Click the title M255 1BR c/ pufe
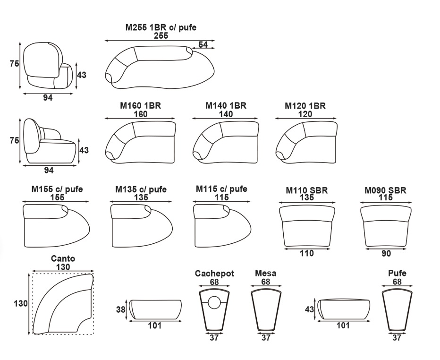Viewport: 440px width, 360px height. [x=161, y=27]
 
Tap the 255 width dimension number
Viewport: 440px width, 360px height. [x=161, y=35]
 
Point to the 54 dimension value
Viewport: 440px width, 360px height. [x=203, y=45]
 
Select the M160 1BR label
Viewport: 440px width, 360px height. [x=140, y=105]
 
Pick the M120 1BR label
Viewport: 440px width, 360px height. [x=305, y=106]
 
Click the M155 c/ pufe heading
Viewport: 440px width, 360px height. [x=57, y=189]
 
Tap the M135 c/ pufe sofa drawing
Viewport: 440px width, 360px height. [x=141, y=225]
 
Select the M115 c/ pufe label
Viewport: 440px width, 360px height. [x=221, y=189]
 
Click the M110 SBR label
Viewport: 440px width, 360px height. [x=307, y=190]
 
